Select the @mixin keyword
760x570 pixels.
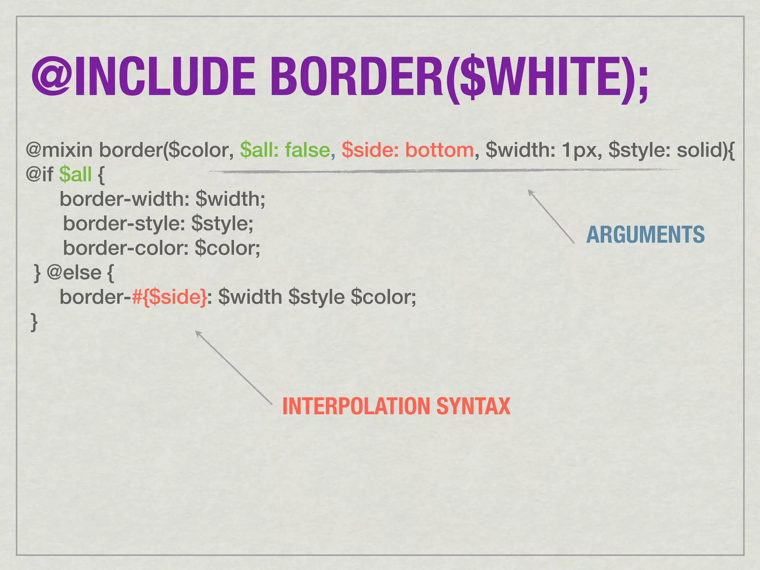point(59,150)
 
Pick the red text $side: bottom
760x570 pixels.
point(407,150)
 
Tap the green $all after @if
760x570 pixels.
point(75,174)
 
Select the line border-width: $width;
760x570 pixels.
point(163,199)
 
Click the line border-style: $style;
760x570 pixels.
point(158,223)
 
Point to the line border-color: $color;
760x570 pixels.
point(162,248)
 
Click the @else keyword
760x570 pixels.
point(74,273)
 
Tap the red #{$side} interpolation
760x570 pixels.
point(169,297)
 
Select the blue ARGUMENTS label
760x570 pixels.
point(645,235)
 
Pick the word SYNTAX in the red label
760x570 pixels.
point(473,406)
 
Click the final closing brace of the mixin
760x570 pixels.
point(34,321)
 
